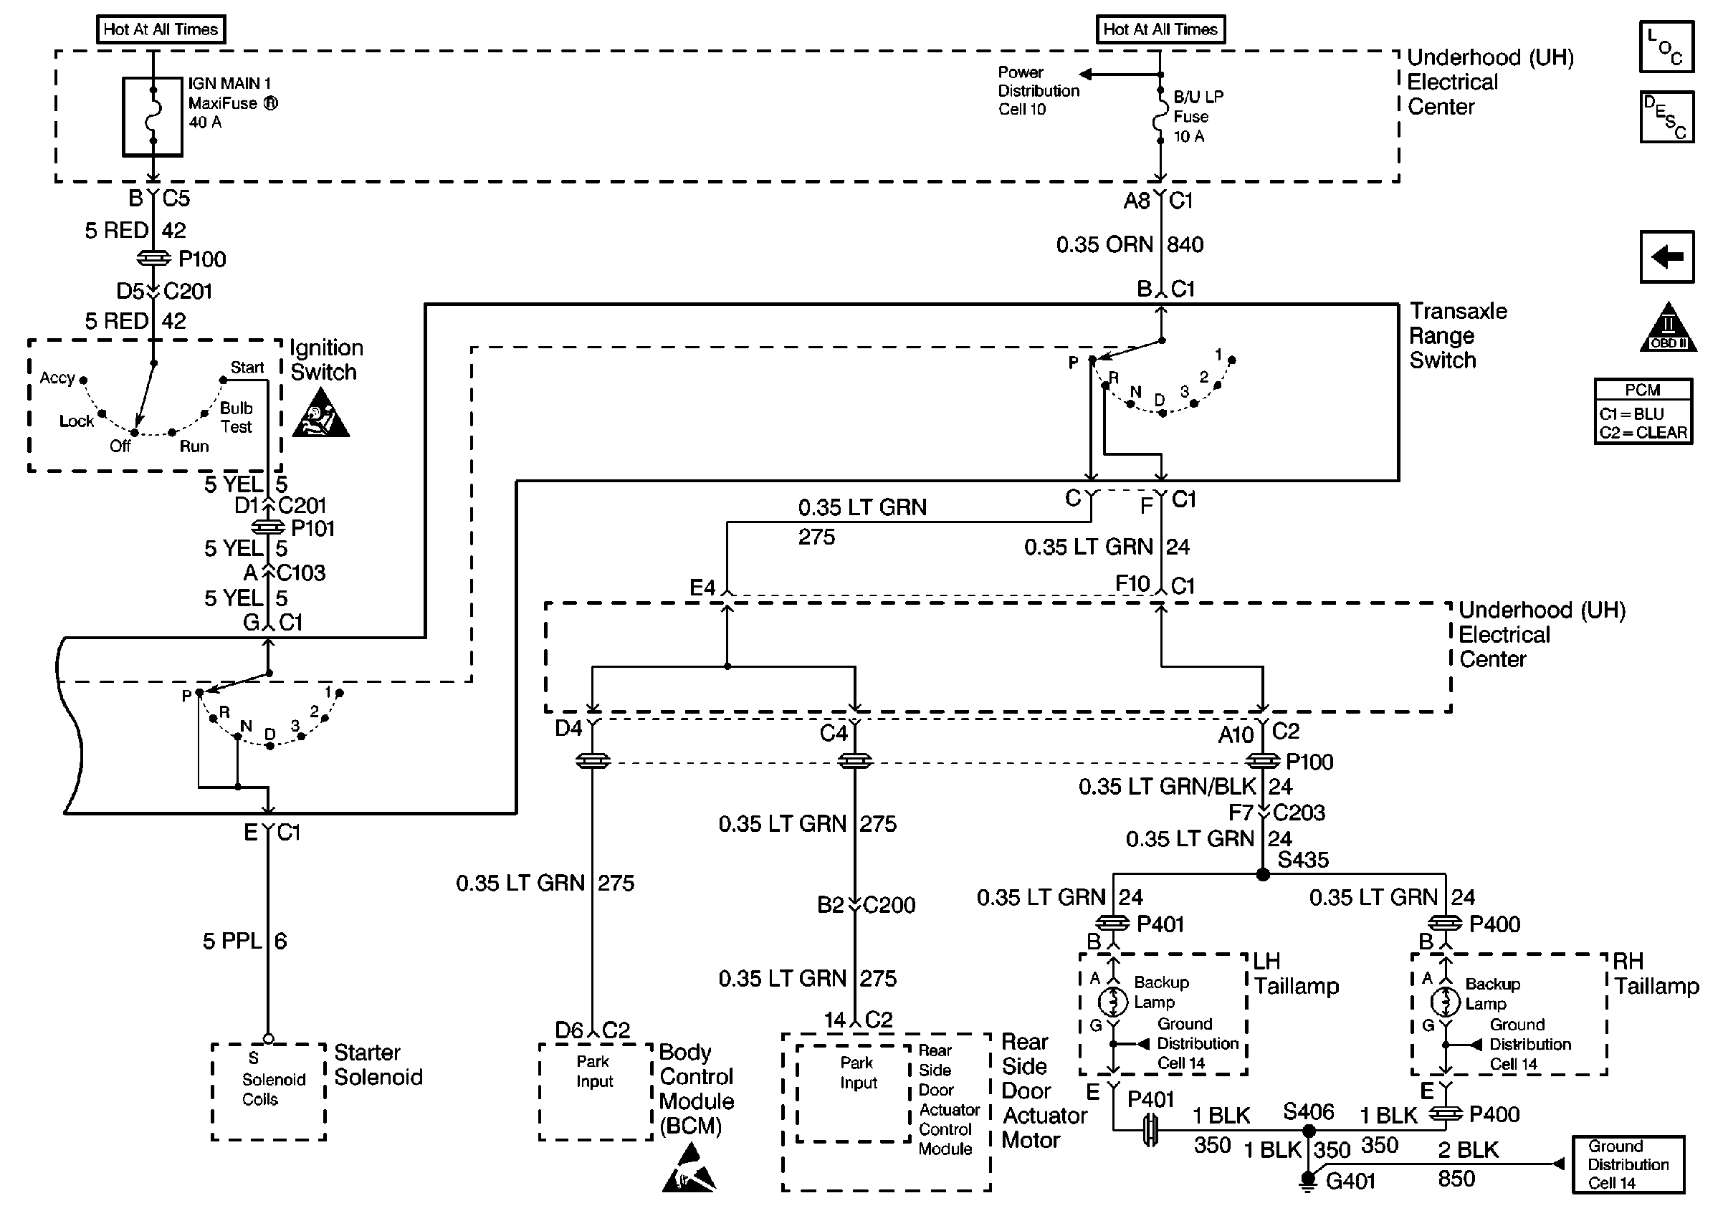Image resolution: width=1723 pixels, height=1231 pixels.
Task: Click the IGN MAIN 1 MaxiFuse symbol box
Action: [x=153, y=116]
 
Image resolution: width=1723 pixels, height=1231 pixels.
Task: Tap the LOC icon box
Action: [x=1666, y=47]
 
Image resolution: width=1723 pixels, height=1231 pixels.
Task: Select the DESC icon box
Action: [x=1666, y=117]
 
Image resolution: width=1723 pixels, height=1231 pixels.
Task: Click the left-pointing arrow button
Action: [x=1666, y=257]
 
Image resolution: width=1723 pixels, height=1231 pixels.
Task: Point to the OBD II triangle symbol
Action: [x=1668, y=330]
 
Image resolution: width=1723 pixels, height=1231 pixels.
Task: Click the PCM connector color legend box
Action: [x=1643, y=411]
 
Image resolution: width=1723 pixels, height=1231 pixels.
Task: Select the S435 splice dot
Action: [x=1262, y=875]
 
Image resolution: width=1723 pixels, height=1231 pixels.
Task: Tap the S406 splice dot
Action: [x=1307, y=1131]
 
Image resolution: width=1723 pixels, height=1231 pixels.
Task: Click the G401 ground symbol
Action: [x=1307, y=1180]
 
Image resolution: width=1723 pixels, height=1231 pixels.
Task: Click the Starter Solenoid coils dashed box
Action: [x=268, y=1091]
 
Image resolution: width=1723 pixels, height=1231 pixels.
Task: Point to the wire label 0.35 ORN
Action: [x=1104, y=245]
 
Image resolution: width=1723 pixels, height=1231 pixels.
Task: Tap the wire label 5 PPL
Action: [x=232, y=942]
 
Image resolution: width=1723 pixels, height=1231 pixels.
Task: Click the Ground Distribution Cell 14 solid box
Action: [x=1628, y=1164]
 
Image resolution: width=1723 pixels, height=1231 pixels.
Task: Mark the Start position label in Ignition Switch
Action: [x=247, y=368]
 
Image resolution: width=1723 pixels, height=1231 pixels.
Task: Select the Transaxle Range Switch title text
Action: [x=1457, y=336]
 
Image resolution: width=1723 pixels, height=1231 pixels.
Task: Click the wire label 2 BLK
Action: [x=1468, y=1151]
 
